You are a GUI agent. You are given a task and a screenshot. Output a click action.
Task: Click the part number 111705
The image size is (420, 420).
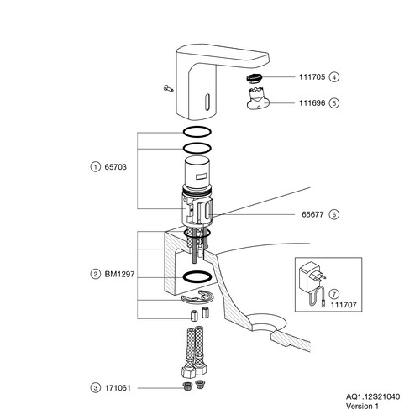coord(312,77)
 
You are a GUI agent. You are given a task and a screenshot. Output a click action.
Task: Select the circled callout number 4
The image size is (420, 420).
coord(334,77)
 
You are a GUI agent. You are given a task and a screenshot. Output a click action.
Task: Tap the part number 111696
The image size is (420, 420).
coord(312,103)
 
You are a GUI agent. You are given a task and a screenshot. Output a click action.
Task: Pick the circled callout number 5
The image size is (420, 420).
coord(334,103)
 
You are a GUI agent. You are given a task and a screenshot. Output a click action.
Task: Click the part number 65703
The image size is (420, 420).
coord(115,167)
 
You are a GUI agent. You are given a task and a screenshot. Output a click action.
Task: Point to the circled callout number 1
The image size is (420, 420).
coord(96,167)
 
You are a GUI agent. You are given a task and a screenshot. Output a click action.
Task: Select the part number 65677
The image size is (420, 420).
coord(312,214)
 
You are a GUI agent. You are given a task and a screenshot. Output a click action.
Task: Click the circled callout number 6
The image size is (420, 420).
coord(334,214)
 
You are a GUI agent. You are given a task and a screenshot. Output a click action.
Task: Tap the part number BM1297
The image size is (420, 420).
coord(119,274)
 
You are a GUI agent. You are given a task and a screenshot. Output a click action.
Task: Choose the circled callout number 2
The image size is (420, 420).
coord(96,274)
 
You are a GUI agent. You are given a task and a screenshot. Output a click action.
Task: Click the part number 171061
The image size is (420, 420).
coord(118,388)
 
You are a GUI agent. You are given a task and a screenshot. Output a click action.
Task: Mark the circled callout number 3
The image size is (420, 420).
coord(96,388)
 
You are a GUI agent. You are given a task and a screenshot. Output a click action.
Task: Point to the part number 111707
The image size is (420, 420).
coord(344,305)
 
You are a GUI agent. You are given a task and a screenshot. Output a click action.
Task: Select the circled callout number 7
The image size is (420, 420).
coord(334,294)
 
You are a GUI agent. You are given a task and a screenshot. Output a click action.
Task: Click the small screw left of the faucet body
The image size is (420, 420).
coord(168,88)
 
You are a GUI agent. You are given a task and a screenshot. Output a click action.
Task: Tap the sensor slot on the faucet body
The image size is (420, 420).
coord(207,102)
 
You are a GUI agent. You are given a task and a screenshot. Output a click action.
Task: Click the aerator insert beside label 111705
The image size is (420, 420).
coord(255,78)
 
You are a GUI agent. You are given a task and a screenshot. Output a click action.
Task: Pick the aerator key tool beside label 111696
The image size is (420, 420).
coord(258,98)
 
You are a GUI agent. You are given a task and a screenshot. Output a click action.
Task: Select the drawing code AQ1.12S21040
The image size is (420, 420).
coord(373,396)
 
